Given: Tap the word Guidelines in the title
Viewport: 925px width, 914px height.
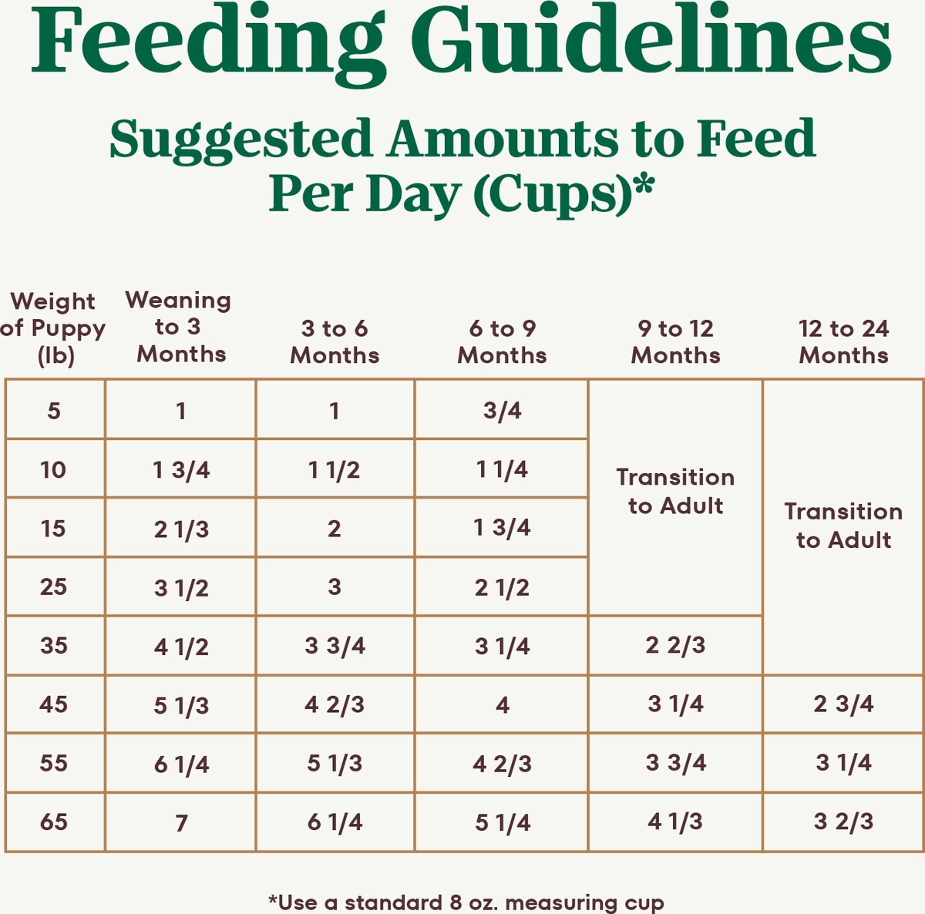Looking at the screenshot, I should pyautogui.click(x=651, y=42).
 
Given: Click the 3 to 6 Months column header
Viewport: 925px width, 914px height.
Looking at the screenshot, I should pyautogui.click(x=335, y=341).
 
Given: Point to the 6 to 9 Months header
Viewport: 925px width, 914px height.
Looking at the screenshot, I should pyautogui.click(x=502, y=341).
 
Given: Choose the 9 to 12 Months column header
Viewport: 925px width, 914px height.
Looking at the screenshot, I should pyautogui.click(x=675, y=341).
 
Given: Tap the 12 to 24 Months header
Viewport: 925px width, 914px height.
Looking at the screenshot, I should pyautogui.click(x=843, y=341).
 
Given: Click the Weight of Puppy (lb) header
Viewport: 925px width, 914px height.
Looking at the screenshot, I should pyautogui.click(x=53, y=328).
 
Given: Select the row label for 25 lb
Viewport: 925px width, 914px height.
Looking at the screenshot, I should pyautogui.click(x=53, y=586).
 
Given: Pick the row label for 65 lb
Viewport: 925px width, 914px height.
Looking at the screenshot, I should pyautogui.click(x=53, y=822).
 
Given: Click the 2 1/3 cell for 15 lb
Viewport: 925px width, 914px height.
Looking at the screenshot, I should pyautogui.click(x=181, y=529).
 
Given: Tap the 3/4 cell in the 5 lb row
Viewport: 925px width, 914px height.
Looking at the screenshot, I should pyautogui.click(x=502, y=411).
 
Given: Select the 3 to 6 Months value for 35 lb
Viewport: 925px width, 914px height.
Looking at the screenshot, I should pyautogui.click(x=335, y=646).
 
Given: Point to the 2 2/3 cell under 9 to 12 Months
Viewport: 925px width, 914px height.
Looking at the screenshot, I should pyautogui.click(x=675, y=645).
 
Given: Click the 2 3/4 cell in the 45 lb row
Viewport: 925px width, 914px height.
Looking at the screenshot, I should pyautogui.click(x=843, y=704).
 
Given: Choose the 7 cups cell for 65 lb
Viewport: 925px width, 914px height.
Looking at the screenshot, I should pyautogui.click(x=181, y=823).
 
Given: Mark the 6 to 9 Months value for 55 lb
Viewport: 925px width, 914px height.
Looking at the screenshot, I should pyautogui.click(x=502, y=764).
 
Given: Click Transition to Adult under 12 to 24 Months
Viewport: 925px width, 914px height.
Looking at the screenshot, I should pyautogui.click(x=843, y=526).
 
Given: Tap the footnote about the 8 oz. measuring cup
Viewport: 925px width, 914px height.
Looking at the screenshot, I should pyautogui.click(x=466, y=902).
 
